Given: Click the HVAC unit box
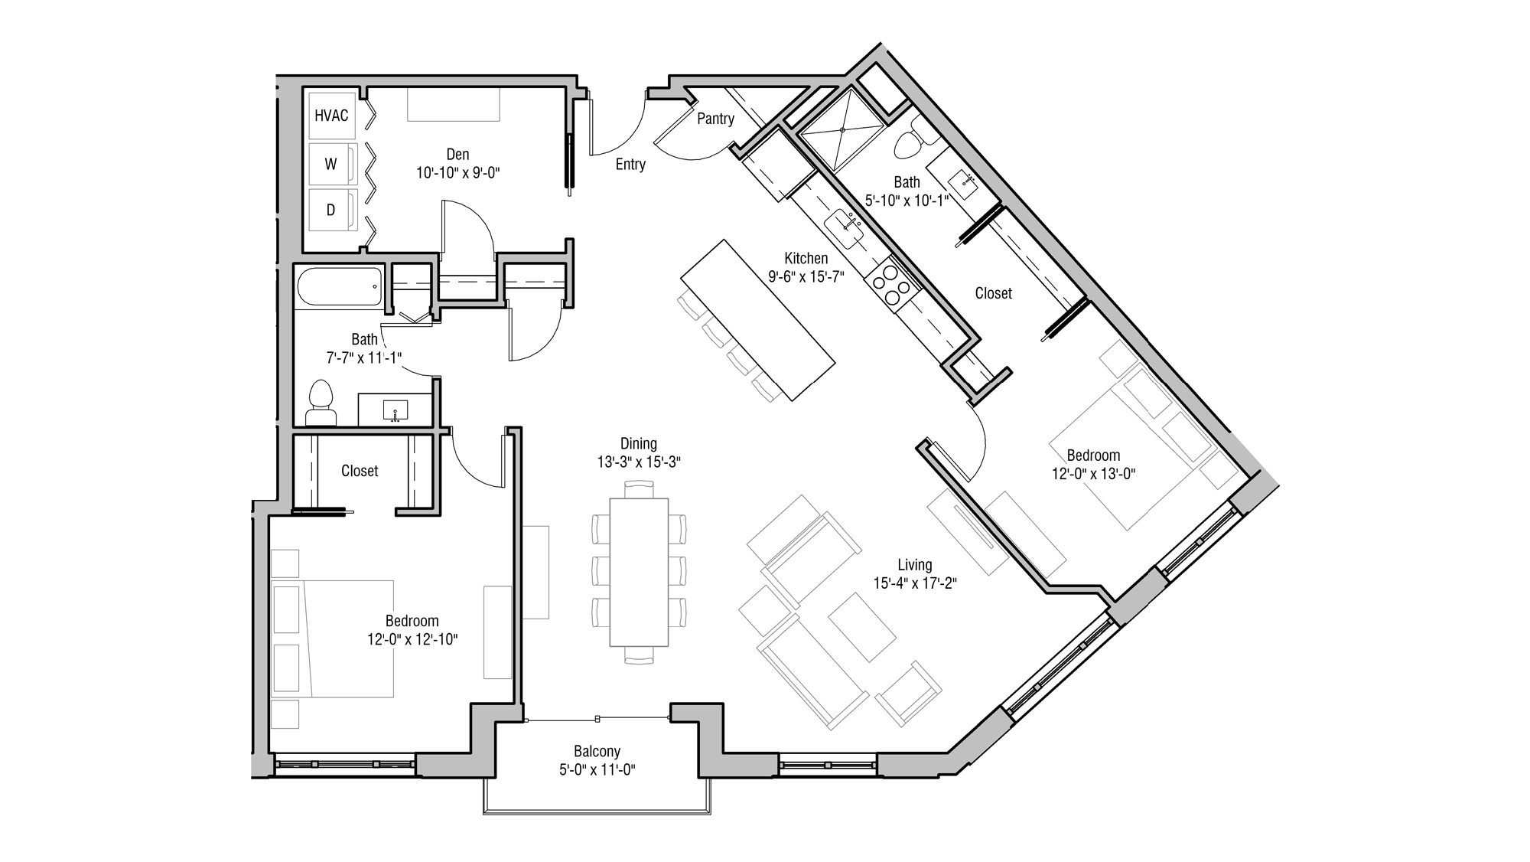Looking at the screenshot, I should [x=331, y=116].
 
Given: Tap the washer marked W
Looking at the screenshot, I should [x=331, y=164].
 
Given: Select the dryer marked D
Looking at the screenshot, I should [x=331, y=210].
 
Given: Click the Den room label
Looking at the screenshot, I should [x=457, y=155].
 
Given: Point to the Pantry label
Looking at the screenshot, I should [x=715, y=119].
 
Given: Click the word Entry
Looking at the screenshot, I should [x=630, y=165].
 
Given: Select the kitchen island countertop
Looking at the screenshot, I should [x=757, y=319].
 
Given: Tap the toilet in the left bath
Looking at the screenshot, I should [x=321, y=402].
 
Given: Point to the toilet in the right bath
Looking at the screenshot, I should [x=910, y=142].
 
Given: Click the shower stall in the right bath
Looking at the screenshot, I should [x=841, y=131].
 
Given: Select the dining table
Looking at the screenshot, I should [x=639, y=572].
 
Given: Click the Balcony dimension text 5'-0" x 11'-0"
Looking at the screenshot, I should [x=597, y=769].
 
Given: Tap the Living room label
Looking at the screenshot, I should [x=915, y=565].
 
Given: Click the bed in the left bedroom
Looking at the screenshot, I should [x=348, y=638].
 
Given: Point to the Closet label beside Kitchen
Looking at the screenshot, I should [x=993, y=293].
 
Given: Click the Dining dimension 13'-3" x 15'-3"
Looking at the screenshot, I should [x=639, y=462].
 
